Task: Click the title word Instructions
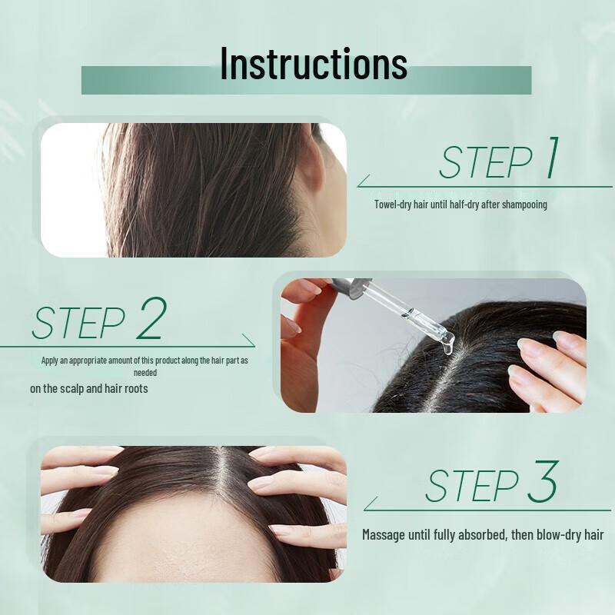click(314, 63)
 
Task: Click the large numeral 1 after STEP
click(550, 158)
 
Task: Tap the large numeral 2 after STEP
click(150, 320)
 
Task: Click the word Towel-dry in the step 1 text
click(393, 204)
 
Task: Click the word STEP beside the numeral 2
click(78, 324)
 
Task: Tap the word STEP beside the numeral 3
click(471, 486)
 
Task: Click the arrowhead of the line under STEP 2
click(250, 341)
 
